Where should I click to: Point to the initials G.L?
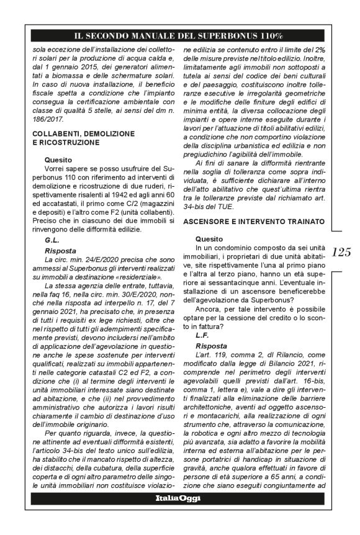[54, 239]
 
